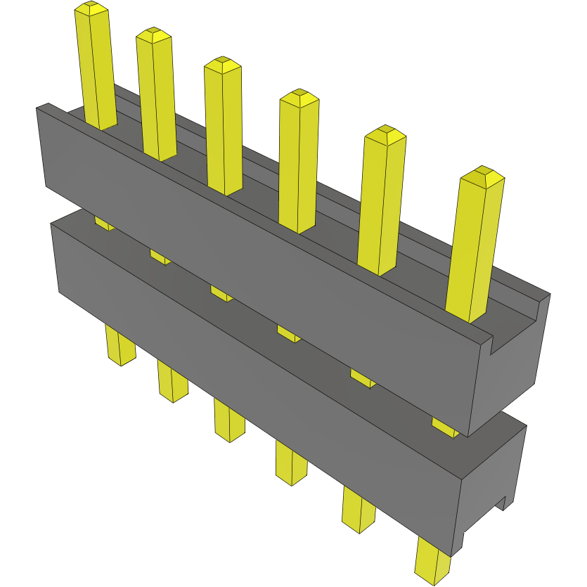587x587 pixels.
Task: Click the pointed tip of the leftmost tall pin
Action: coord(91,8)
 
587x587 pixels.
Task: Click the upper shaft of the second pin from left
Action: coord(157,98)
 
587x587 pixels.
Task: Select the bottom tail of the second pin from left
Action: coord(172,383)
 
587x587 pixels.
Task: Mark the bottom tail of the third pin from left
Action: coord(228,422)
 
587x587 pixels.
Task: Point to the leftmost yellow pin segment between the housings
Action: coord(103,224)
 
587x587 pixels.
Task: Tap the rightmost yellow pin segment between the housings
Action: coord(444,427)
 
